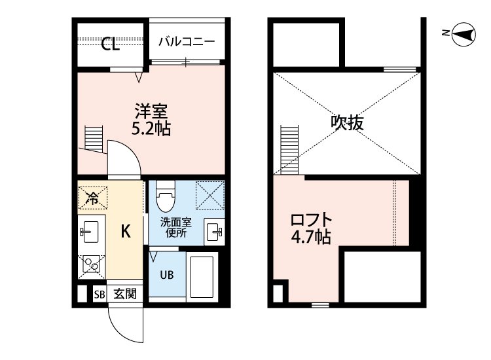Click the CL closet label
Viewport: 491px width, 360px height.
pos(110,45)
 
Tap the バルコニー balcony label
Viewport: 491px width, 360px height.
pos(187,41)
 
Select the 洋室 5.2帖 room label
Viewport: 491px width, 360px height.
pos(151,118)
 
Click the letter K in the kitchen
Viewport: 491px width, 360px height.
pos(126,230)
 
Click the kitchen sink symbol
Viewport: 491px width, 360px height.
pos(90,232)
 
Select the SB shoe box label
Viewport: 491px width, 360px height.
pos(99,295)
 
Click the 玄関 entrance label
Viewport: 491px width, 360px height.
pos(124,295)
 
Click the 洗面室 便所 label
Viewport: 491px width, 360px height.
pos(175,226)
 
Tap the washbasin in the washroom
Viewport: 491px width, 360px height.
pos(214,232)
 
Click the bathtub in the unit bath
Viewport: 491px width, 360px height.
pos(204,276)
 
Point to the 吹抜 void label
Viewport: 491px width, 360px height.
pos(347,122)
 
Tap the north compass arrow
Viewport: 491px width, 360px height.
pos(462,35)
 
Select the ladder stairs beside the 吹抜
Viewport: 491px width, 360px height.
pos(289,148)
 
